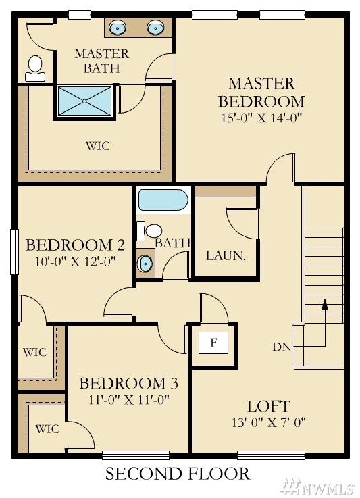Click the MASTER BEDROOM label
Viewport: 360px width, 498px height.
pos(261,93)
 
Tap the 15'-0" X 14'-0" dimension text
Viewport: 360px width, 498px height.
pos(261,117)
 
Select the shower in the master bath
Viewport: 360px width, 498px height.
pos(85,101)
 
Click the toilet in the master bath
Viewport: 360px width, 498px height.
pos(34,66)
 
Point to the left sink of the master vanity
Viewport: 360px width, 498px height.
pos(119,28)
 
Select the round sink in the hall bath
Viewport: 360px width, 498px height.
pos(144,264)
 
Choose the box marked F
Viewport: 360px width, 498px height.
pos(213,343)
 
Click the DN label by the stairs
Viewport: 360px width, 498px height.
pos(282,347)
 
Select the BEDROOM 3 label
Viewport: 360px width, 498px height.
pos(128,384)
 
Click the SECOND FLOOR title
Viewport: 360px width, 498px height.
pos(177,474)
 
